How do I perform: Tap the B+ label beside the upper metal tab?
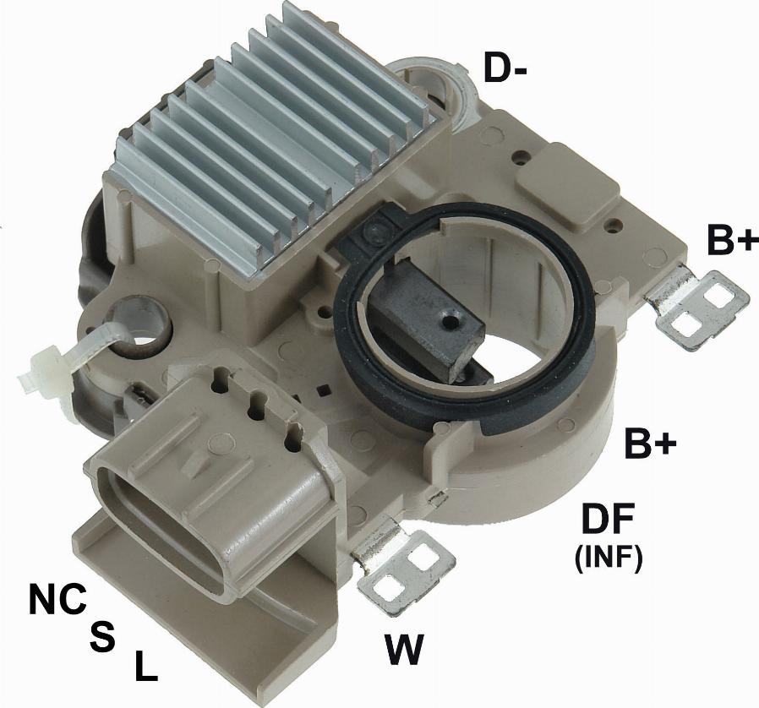[732, 239]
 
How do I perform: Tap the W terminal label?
[404, 649]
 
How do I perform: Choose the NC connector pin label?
[57, 599]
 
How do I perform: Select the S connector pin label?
[102, 636]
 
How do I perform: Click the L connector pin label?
[145, 666]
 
